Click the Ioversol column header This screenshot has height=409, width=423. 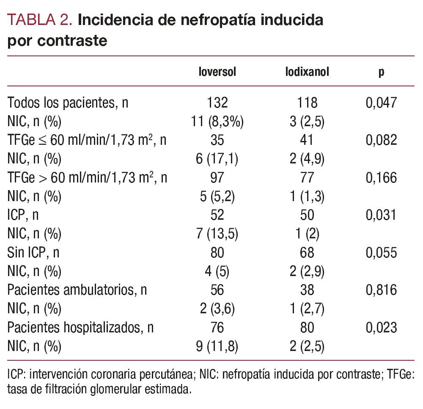[217, 72]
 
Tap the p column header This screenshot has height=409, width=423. [381, 72]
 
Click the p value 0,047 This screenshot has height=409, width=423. [381, 102]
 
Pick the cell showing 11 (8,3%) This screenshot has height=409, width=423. [217, 122]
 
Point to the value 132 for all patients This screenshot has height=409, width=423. [217, 102]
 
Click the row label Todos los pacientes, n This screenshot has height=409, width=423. [68, 102]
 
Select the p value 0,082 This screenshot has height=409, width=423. [381, 140]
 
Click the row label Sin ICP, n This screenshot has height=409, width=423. [33, 253]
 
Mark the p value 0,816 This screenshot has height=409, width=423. [381, 290]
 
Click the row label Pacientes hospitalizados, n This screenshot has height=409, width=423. [80, 328]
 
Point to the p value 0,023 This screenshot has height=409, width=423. [381, 328]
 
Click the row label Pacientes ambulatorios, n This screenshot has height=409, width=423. [77, 290]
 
